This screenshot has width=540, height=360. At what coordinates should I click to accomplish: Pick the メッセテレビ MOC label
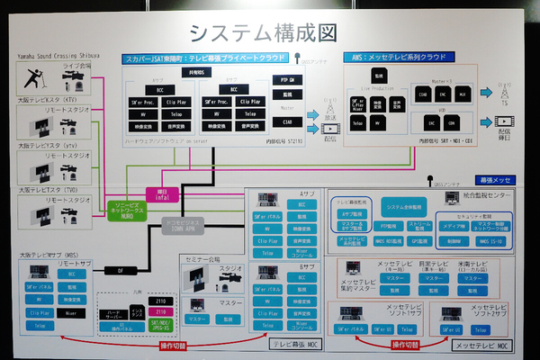coord(481,346)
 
